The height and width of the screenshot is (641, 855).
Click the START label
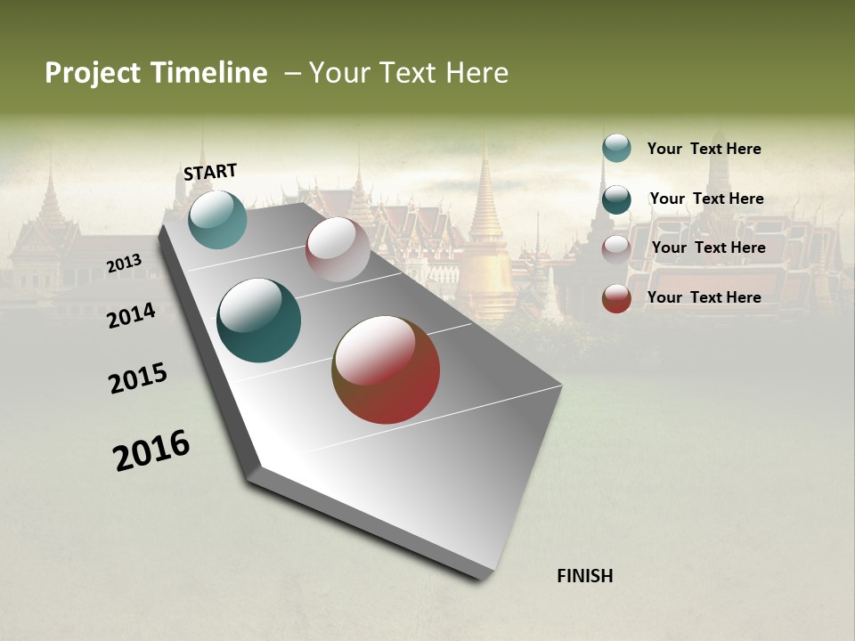pos(210,171)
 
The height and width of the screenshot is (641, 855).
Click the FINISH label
pos(584,576)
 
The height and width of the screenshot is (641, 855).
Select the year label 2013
pos(125,263)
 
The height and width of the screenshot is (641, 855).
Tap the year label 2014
pos(132,315)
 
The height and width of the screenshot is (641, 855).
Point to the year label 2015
pos(138,378)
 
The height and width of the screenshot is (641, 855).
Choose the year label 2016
pos(151,450)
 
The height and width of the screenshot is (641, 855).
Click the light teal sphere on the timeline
pos(217,219)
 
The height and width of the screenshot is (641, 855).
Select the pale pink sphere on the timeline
pos(338,249)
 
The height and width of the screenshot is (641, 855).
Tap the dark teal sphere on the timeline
pos(258,320)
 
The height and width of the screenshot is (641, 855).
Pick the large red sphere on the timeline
pos(386,369)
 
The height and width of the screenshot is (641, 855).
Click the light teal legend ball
pos(616,148)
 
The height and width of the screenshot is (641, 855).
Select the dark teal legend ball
pos(616,199)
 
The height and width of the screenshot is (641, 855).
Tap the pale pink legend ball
pos(616,248)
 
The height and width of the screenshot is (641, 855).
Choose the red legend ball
pos(616,298)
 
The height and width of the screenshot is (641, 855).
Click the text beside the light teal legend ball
pos(704,149)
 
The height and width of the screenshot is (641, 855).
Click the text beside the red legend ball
pos(704,297)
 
